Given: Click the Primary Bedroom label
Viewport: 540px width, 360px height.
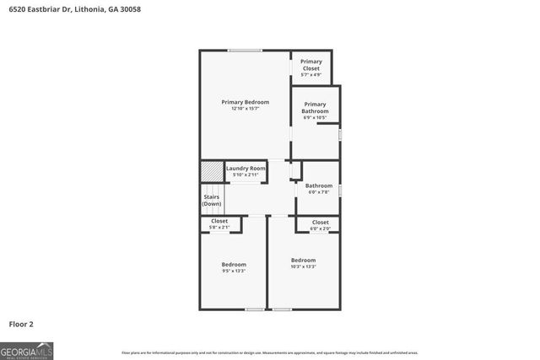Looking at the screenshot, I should click(245, 102).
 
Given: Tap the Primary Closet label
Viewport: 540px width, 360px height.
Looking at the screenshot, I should click(311, 64).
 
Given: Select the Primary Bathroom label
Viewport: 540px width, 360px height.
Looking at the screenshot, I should click(315, 109).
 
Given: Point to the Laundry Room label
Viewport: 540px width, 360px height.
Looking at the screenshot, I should click(246, 169).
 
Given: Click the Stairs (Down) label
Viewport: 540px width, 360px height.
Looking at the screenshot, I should click(212, 200).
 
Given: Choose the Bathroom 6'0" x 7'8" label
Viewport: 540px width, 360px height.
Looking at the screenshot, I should click(318, 185).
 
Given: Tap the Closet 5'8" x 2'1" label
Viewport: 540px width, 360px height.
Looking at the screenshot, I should click(219, 222).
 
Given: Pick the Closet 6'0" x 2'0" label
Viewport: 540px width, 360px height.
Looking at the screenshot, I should click(320, 222).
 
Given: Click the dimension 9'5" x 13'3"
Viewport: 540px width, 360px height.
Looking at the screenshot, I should click(234, 271).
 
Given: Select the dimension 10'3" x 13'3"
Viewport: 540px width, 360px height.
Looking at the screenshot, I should click(303, 266).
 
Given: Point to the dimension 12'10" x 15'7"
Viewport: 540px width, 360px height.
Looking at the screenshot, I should click(245, 108).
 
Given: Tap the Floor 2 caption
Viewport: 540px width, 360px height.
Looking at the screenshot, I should click(21, 323).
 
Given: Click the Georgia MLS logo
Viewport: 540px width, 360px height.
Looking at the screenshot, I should click(26, 348).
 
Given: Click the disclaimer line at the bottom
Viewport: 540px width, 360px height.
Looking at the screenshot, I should click(270, 352).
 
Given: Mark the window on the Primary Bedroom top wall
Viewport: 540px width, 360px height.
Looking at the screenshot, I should click(244, 51).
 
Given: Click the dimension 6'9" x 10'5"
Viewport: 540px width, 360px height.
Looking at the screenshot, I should click(315, 117).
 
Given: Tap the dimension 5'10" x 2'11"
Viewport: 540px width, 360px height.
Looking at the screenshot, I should click(246, 175).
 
